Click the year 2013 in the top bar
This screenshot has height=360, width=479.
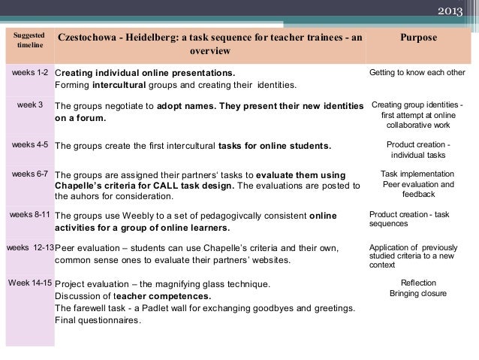pyautogui.click(x=450, y=11)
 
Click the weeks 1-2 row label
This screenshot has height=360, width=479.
pyautogui.click(x=31, y=73)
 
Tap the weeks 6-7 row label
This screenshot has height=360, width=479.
pyautogui.click(x=31, y=174)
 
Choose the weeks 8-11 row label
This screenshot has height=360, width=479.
pyautogui.click(x=30, y=214)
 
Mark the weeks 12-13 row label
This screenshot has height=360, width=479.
pyautogui.click(x=30, y=247)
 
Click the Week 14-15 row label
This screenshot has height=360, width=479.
pyautogui.click(x=30, y=283)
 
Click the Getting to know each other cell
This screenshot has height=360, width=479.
pyautogui.click(x=417, y=73)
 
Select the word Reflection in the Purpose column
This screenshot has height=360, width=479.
pyautogui.click(x=418, y=283)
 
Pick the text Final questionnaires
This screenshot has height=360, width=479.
pyautogui.click(x=98, y=320)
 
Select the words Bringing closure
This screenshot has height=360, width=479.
pyautogui.click(x=418, y=294)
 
